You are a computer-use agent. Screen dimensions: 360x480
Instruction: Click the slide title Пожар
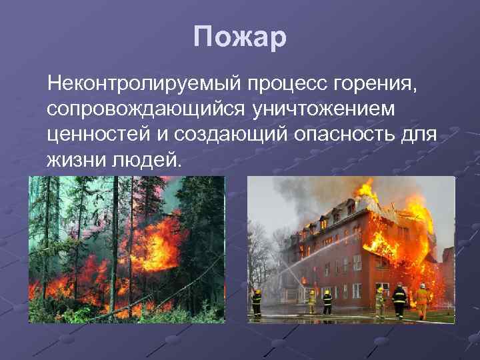240,37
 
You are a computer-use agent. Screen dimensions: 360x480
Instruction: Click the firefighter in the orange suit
422,301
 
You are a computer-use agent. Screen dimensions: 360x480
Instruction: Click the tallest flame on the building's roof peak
365,189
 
